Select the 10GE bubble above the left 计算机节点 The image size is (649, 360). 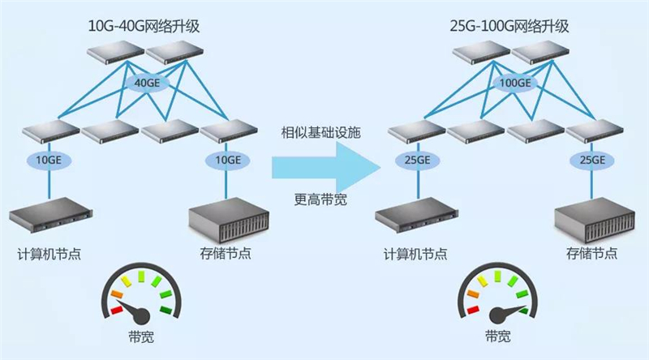point(49,160)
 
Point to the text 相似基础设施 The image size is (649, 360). point(320,131)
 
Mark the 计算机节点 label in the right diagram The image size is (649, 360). point(415,254)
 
